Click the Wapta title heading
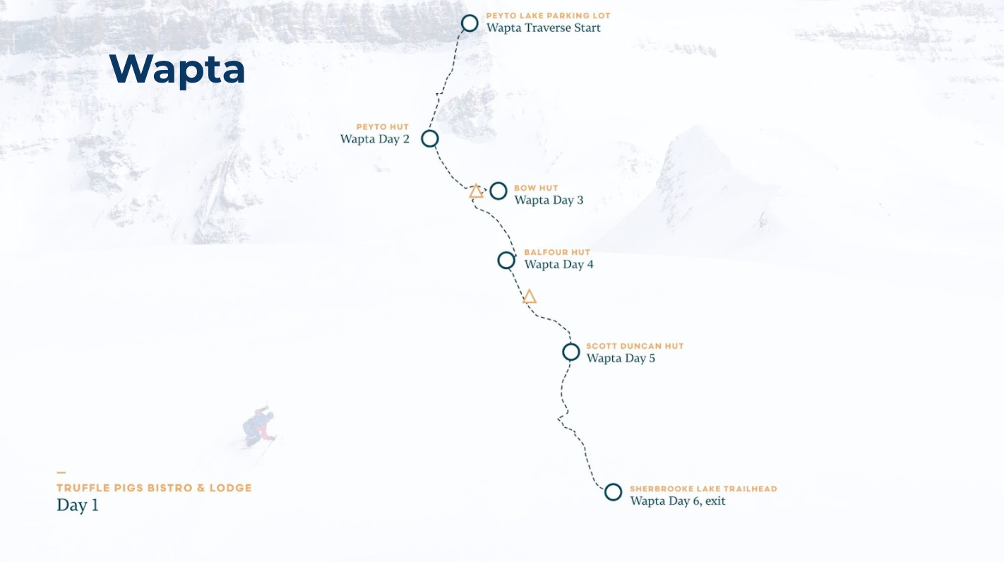click(177, 69)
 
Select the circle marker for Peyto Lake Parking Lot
click(470, 23)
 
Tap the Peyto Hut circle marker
click(430, 138)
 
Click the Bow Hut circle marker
click(498, 191)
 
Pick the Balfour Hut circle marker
click(506, 261)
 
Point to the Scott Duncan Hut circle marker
click(571, 352)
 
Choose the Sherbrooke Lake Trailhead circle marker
click(613, 492)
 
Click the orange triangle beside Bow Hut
click(477, 191)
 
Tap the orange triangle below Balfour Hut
click(530, 297)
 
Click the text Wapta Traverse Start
click(543, 28)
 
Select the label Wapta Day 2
click(374, 139)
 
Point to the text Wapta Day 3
click(549, 201)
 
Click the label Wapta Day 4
click(558, 265)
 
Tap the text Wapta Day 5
click(621, 359)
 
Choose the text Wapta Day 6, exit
click(677, 501)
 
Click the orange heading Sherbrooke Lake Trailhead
click(703, 489)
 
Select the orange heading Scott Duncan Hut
click(635, 347)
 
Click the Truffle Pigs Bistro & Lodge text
click(154, 488)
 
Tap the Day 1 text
click(78, 506)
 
